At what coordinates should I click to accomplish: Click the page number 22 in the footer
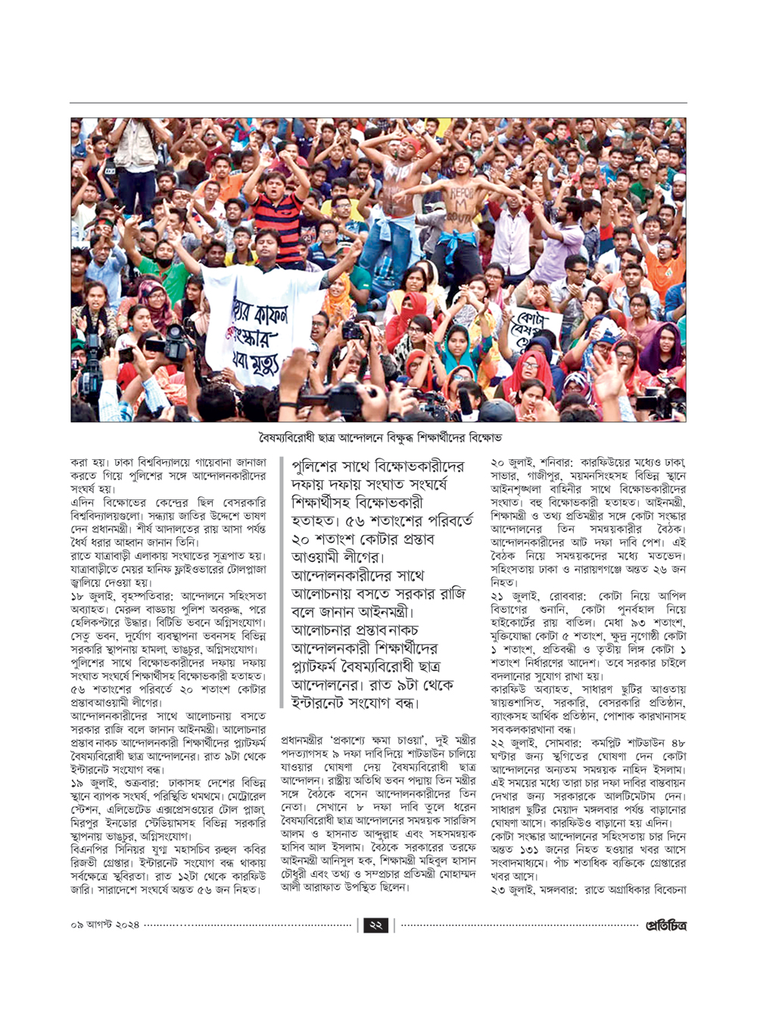tap(376, 924)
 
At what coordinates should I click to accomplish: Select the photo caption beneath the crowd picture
tap(378, 438)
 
